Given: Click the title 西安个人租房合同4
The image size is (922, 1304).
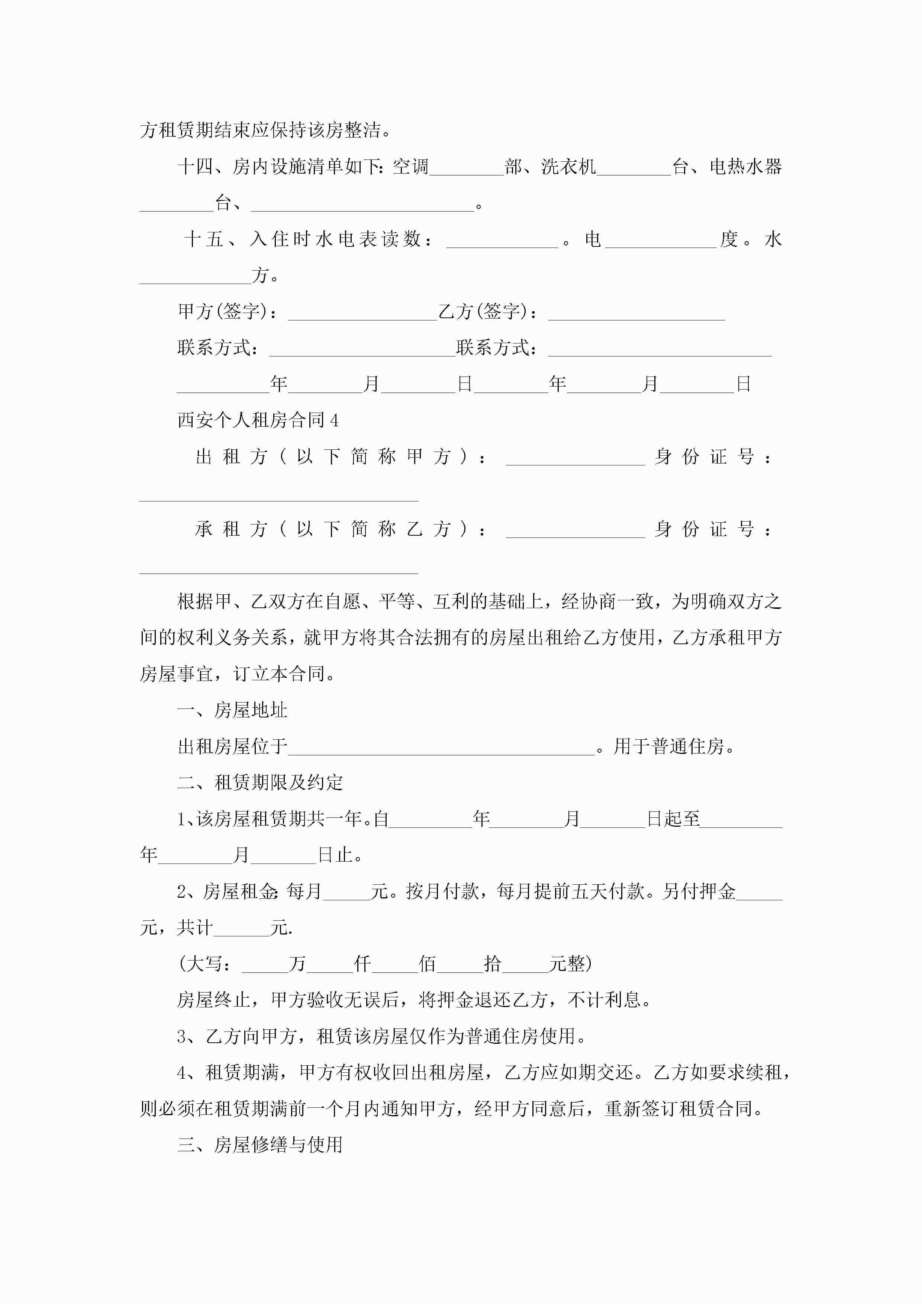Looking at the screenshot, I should (x=258, y=420).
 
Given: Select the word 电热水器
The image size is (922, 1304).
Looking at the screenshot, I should (x=745, y=167).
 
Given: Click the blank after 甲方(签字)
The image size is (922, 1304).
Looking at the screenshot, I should (x=362, y=313).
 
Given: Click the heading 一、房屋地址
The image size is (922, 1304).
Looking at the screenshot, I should (x=232, y=710).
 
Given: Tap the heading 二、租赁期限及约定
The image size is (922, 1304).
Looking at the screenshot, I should (x=260, y=782).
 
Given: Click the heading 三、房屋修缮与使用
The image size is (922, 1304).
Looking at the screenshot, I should (x=260, y=1145).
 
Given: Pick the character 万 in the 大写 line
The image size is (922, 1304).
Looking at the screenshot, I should (x=297, y=964).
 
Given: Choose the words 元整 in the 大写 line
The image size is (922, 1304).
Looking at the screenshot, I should (x=567, y=964).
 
